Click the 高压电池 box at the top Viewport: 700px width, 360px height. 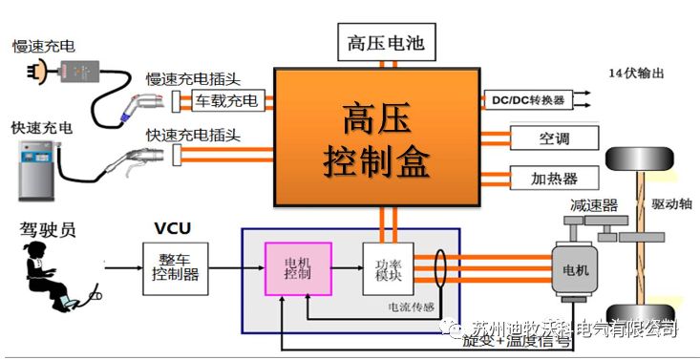(x=387, y=43)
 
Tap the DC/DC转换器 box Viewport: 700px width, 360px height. (x=528, y=100)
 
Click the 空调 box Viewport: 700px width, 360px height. (x=554, y=138)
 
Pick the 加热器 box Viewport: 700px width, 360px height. (x=554, y=178)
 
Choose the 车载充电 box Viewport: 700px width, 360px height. (x=226, y=100)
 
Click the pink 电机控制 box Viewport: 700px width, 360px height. (x=297, y=267)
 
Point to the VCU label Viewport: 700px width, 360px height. (x=174, y=228)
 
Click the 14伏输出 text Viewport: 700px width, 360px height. (x=635, y=74)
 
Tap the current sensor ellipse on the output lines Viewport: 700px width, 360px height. (x=441, y=268)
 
